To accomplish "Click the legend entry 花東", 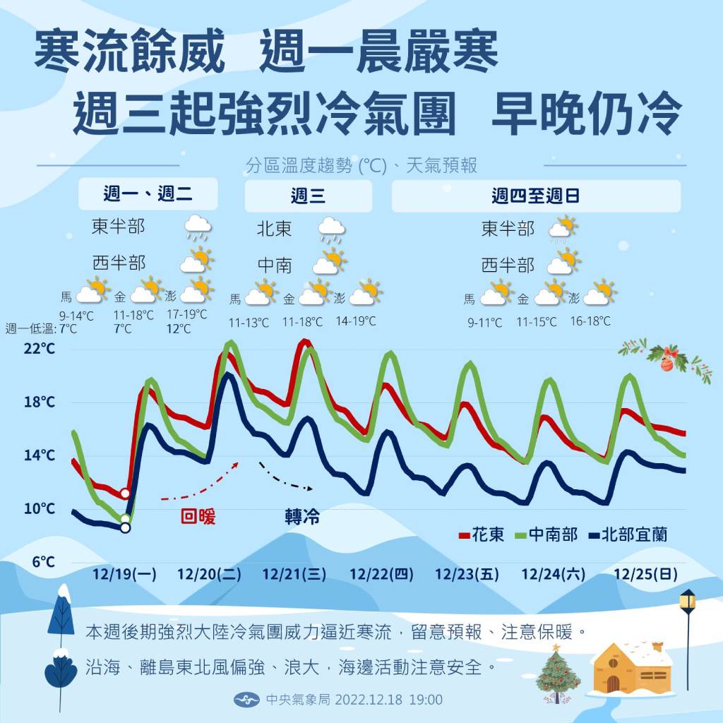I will tap(482, 534).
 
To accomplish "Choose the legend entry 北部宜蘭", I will tap(627, 534).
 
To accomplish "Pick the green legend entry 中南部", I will tap(548, 534).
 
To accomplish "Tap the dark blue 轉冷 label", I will tap(302, 518).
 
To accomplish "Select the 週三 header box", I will tap(308, 196).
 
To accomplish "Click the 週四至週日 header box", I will tap(536, 196).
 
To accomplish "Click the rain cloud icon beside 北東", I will tap(331, 229).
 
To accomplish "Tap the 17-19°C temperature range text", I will tap(186, 315).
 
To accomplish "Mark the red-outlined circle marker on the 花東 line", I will tap(126, 494).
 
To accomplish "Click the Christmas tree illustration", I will tap(558, 675).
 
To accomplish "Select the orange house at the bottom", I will tap(631, 667).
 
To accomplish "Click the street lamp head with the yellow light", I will tap(687, 602).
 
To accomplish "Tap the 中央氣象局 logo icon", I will tap(242, 700).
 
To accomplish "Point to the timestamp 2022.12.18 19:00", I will tap(389, 700).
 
